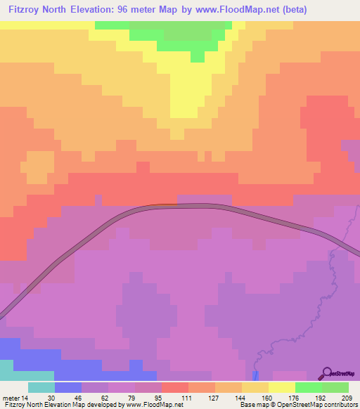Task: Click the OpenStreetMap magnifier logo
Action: (326, 372)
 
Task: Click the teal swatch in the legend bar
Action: (41, 387)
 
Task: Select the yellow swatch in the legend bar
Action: (281, 387)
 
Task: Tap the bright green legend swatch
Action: (308, 387)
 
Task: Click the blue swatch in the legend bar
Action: (67, 387)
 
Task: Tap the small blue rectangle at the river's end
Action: (255, 376)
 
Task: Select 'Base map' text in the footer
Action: (252, 405)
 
